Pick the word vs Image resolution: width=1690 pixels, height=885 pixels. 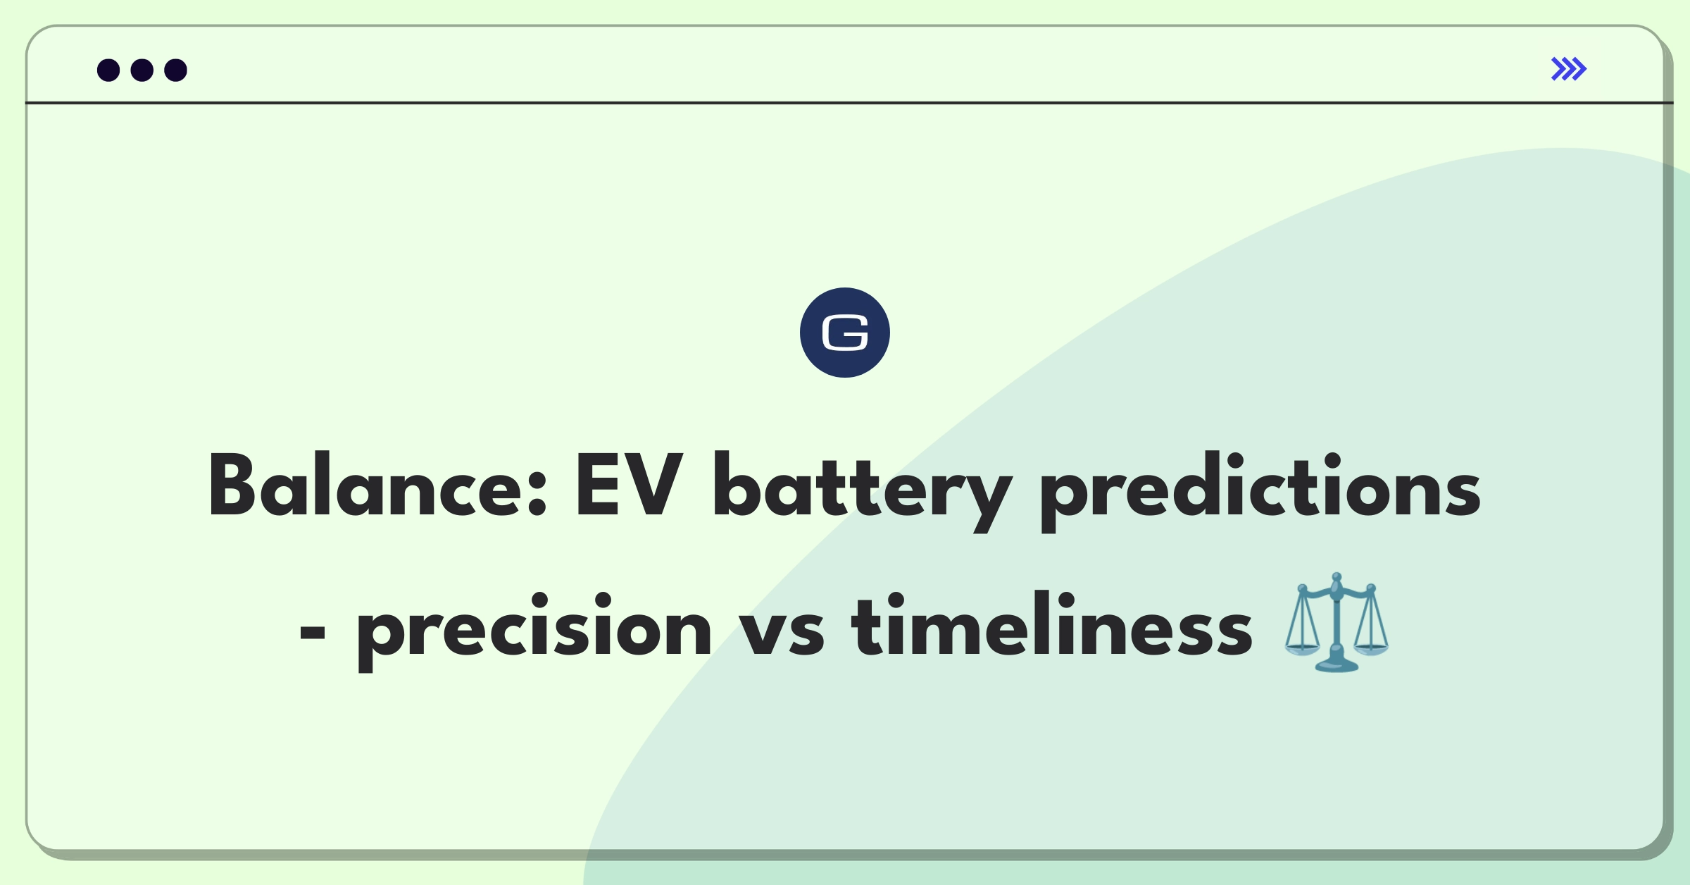point(782,631)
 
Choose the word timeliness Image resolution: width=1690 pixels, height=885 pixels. point(1051,624)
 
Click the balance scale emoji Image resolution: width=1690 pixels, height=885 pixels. point(1336,622)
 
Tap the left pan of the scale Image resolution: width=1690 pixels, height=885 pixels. point(1302,648)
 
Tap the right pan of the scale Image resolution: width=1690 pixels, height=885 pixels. point(1370,648)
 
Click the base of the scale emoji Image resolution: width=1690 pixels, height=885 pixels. point(1336,664)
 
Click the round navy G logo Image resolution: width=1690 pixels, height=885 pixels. point(845,333)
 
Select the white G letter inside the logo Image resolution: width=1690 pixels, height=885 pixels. point(845,333)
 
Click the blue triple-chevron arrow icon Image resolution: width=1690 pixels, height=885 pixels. point(1569,69)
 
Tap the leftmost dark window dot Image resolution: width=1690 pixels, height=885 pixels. point(108,70)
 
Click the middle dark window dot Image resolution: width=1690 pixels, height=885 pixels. point(142,70)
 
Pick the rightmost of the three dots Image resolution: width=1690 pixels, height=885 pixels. point(176,70)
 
